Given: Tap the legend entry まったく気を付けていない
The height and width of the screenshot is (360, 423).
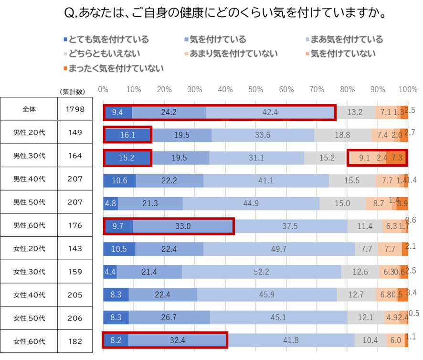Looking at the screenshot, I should (113, 68).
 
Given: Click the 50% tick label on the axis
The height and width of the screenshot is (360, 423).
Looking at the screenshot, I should (256, 89).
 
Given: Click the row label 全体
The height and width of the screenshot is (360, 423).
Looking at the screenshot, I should (29, 109).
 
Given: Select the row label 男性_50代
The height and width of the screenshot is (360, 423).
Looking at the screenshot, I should (29, 202).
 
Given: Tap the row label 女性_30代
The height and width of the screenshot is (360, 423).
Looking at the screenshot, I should (29, 272).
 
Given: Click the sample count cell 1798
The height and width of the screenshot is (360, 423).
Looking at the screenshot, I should (75, 109).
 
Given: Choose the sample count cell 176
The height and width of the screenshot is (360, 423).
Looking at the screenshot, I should (75, 225).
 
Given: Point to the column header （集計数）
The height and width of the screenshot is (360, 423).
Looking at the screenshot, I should (72, 91).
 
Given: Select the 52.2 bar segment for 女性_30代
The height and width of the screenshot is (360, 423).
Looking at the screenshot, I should (261, 272).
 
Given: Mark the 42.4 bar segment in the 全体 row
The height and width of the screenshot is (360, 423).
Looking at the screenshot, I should (271, 113).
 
